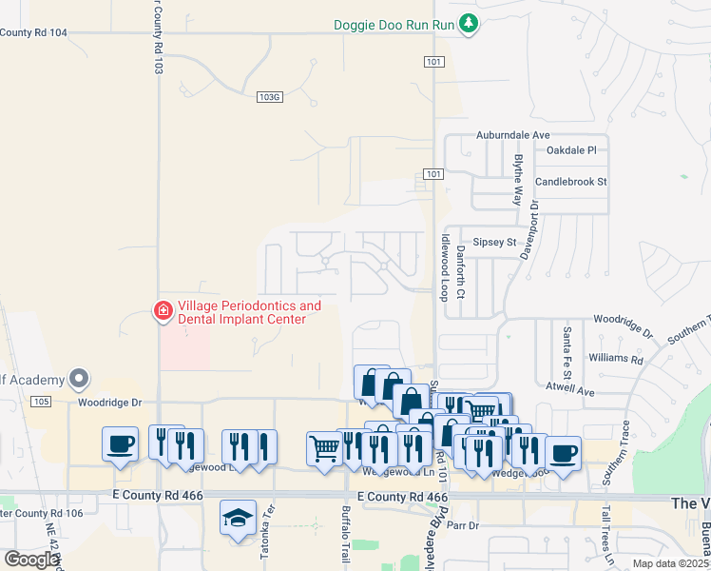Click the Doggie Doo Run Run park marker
(467, 23)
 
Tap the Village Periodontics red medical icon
(163, 311)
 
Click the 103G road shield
(270, 96)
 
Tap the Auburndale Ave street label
(513, 135)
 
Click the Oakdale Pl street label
(571, 150)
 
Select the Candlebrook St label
(570, 181)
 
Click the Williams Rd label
(615, 359)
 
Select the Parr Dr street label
(460, 524)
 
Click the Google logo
(31, 559)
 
